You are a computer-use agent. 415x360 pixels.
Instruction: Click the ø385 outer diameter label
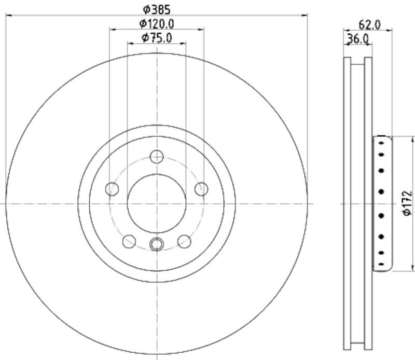[x=156, y=9]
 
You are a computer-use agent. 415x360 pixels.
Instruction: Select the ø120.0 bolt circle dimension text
[x=156, y=23]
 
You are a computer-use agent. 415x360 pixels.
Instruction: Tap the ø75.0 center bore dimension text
[x=156, y=37]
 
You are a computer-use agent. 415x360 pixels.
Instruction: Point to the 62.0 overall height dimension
[x=370, y=24]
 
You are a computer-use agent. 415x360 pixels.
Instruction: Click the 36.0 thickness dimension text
[x=358, y=38]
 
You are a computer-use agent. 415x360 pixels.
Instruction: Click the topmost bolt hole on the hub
[x=156, y=156]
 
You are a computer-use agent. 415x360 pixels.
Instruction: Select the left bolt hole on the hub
[x=112, y=189]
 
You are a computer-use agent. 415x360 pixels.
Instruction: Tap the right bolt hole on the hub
[x=201, y=189]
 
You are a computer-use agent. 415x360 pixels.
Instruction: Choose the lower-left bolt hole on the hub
[x=129, y=241]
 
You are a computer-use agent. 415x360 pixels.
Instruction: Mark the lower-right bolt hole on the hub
[x=184, y=241]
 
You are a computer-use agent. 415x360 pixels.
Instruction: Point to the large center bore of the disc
[x=156, y=203]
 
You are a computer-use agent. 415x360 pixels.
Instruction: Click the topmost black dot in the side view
[x=382, y=142]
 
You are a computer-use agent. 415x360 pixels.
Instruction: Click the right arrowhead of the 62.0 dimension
[x=390, y=31]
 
